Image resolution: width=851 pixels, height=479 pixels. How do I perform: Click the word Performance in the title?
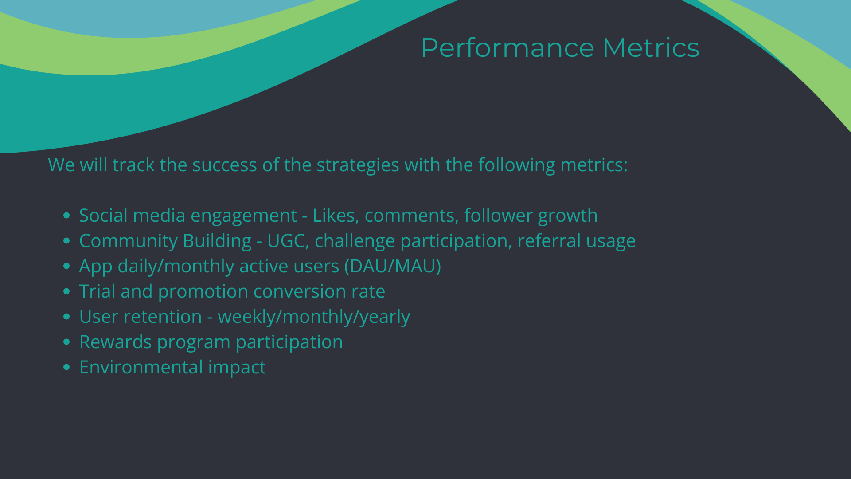click(x=507, y=47)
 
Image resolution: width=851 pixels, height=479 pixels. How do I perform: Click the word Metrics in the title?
click(x=651, y=47)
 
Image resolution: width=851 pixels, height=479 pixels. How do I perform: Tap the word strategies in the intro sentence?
click(x=358, y=165)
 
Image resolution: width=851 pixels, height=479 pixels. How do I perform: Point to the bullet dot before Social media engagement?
click(x=67, y=216)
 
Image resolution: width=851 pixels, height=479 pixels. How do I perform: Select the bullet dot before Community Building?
click(x=67, y=241)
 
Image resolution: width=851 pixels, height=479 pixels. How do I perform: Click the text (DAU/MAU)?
click(x=395, y=266)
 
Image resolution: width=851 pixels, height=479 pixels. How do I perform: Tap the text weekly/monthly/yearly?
click(x=314, y=317)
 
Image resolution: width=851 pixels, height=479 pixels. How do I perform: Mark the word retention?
click(x=163, y=317)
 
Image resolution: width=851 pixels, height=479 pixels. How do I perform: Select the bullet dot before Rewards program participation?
click(x=67, y=342)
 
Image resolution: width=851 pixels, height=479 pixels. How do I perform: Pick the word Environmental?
click(x=141, y=367)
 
